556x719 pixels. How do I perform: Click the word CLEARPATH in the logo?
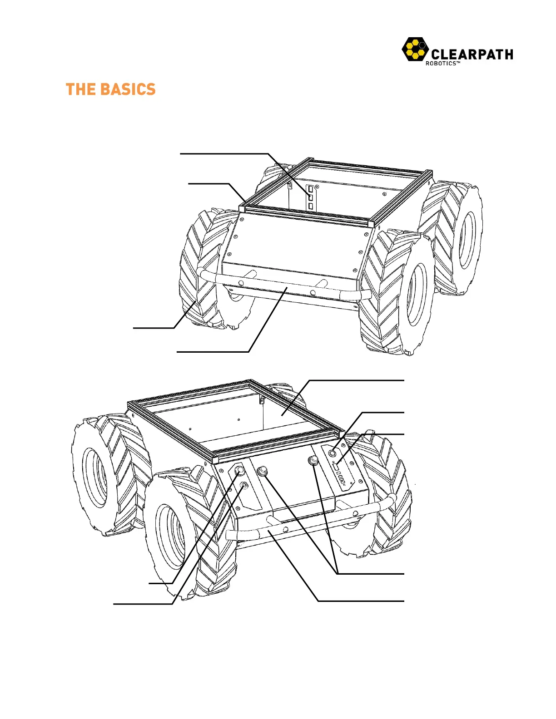(472, 54)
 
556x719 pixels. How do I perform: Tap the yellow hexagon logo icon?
(415, 49)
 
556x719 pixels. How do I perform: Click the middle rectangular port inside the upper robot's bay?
(311, 197)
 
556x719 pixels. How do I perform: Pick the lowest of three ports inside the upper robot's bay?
(311, 207)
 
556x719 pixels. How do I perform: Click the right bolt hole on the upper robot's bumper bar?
(313, 292)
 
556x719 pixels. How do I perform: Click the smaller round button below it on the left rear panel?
(244, 485)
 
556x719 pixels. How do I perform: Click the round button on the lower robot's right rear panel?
(333, 453)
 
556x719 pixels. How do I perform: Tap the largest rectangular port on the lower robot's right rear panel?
(336, 467)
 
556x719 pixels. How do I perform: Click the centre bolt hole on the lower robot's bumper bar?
(285, 529)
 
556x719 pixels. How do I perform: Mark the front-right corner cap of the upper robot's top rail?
(371, 224)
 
